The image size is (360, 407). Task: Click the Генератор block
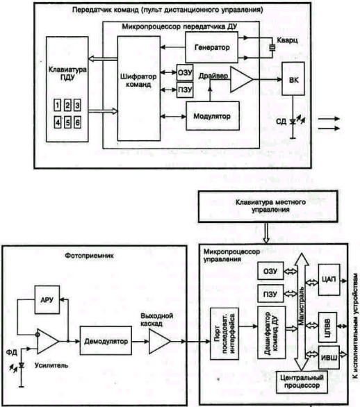(x=212, y=47)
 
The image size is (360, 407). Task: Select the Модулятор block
(x=213, y=116)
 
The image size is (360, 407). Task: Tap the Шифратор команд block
(x=139, y=88)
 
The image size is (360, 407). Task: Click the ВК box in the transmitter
(x=293, y=79)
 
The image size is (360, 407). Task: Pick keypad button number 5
(x=67, y=122)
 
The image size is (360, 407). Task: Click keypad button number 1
(x=58, y=105)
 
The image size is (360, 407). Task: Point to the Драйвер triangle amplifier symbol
(x=241, y=80)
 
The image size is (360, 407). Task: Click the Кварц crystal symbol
(x=272, y=47)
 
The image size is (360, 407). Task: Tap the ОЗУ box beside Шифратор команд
(x=185, y=72)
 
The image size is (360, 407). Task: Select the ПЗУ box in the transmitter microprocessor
(x=185, y=90)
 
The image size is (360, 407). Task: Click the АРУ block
(x=47, y=300)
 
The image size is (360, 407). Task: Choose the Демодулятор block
(x=106, y=340)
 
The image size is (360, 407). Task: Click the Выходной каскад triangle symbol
(x=159, y=341)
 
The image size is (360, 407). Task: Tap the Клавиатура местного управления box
(x=268, y=206)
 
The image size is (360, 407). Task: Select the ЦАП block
(x=329, y=280)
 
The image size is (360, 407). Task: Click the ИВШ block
(x=329, y=358)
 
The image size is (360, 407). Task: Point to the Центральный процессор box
(x=302, y=382)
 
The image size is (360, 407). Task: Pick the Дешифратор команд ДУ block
(x=272, y=333)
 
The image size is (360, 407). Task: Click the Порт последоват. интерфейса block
(x=224, y=333)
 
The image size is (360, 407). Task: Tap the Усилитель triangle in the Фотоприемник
(x=47, y=341)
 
